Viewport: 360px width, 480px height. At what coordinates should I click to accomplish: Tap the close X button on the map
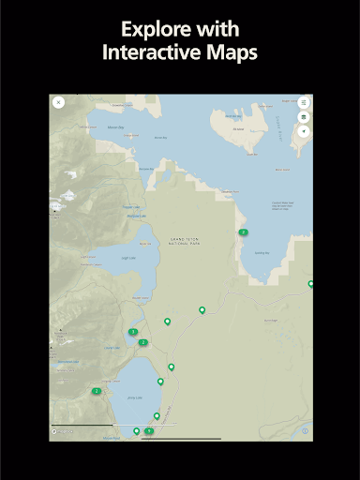click(x=59, y=102)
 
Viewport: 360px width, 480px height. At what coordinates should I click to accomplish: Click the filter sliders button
click(x=303, y=102)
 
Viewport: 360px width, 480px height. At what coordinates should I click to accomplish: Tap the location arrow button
click(x=303, y=131)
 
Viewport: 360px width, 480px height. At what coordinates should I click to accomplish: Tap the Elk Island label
click(x=236, y=130)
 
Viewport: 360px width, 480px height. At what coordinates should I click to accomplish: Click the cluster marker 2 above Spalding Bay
click(x=243, y=232)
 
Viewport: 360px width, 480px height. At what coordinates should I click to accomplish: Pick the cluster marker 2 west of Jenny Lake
click(x=97, y=391)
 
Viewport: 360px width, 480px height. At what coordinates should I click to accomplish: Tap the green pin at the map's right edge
click(x=310, y=283)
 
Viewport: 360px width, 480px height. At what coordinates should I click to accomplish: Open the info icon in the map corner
click(x=305, y=431)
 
